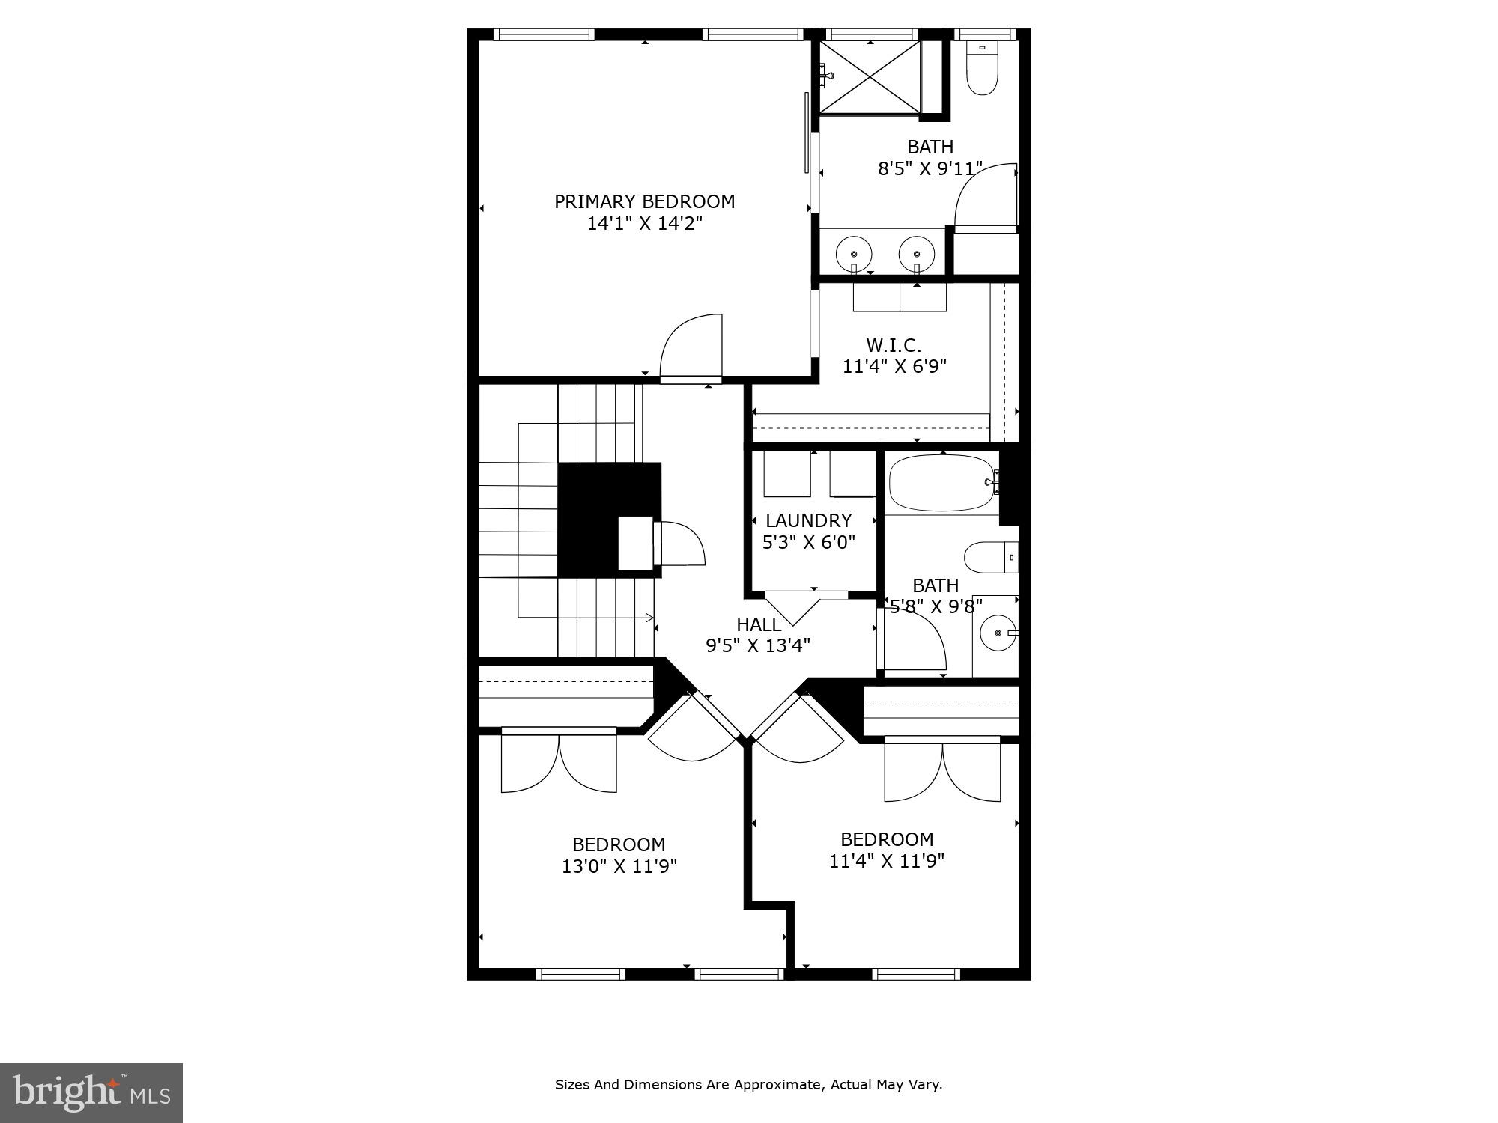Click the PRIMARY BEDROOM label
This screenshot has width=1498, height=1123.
pos(644,201)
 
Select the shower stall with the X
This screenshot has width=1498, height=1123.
pos(869,77)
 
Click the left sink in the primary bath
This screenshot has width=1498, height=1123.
pos(853,253)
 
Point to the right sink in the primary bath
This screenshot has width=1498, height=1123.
pos(917,253)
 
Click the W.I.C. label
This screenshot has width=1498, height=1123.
pos(894,345)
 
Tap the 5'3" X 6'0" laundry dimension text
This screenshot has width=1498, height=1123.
pos(808,542)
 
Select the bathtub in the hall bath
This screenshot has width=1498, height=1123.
pos(942,483)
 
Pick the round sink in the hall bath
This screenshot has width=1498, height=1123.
pos(998,633)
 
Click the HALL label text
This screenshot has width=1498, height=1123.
pos(758,624)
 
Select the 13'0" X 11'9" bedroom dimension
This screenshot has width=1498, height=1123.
pos(619,866)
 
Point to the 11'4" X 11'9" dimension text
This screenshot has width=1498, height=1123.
pos(886,861)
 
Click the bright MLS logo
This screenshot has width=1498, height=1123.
pos(91,1093)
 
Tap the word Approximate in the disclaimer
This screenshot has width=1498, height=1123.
pos(779,1084)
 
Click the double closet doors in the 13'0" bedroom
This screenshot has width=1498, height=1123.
pos(559,762)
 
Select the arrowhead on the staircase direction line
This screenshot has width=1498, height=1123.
pos(649,618)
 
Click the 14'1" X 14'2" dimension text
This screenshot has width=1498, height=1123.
pos(644,223)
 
